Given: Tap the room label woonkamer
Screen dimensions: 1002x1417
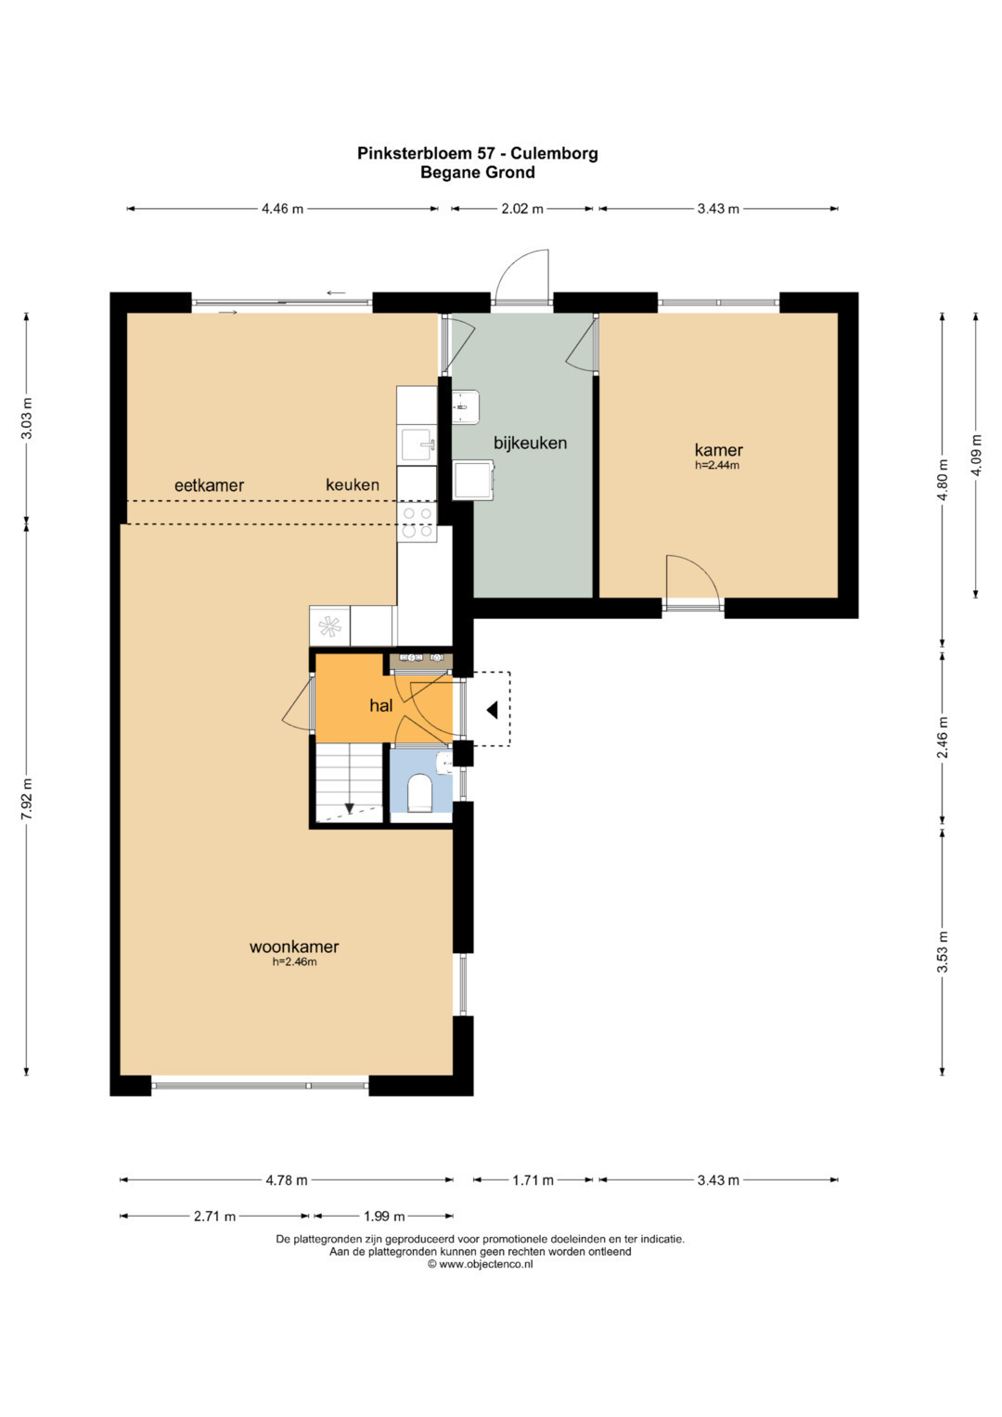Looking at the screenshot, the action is point(294,947).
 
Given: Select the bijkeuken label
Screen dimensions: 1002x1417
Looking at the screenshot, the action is point(530,443).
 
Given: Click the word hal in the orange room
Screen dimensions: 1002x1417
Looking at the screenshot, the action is point(381,706).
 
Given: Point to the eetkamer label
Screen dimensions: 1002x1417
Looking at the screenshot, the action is point(210,485).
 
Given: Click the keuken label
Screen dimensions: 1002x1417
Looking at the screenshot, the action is point(353,484).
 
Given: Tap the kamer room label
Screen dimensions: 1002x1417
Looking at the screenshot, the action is point(719,450).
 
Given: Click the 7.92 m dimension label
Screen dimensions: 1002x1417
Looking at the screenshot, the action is point(27,800).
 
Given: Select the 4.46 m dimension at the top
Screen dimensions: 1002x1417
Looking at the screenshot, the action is point(283,209).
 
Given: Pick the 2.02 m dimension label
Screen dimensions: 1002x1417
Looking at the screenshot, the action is point(522,209).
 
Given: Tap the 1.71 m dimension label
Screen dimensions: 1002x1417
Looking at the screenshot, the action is point(533,1179).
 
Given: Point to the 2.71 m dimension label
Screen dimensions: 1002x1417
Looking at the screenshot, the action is point(215,1216).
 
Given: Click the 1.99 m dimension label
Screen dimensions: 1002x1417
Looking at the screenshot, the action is point(384,1216).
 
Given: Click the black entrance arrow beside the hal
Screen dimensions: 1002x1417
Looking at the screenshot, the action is point(492,711).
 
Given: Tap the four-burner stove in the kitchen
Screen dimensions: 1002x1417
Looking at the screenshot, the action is point(417,522).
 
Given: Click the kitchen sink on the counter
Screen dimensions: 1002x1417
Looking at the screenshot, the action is point(417,444).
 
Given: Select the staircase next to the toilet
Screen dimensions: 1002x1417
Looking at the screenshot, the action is point(349,783).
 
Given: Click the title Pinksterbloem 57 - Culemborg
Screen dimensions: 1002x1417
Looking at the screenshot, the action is point(478,153).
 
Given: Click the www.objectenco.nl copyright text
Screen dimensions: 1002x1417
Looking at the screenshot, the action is point(481,1264).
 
